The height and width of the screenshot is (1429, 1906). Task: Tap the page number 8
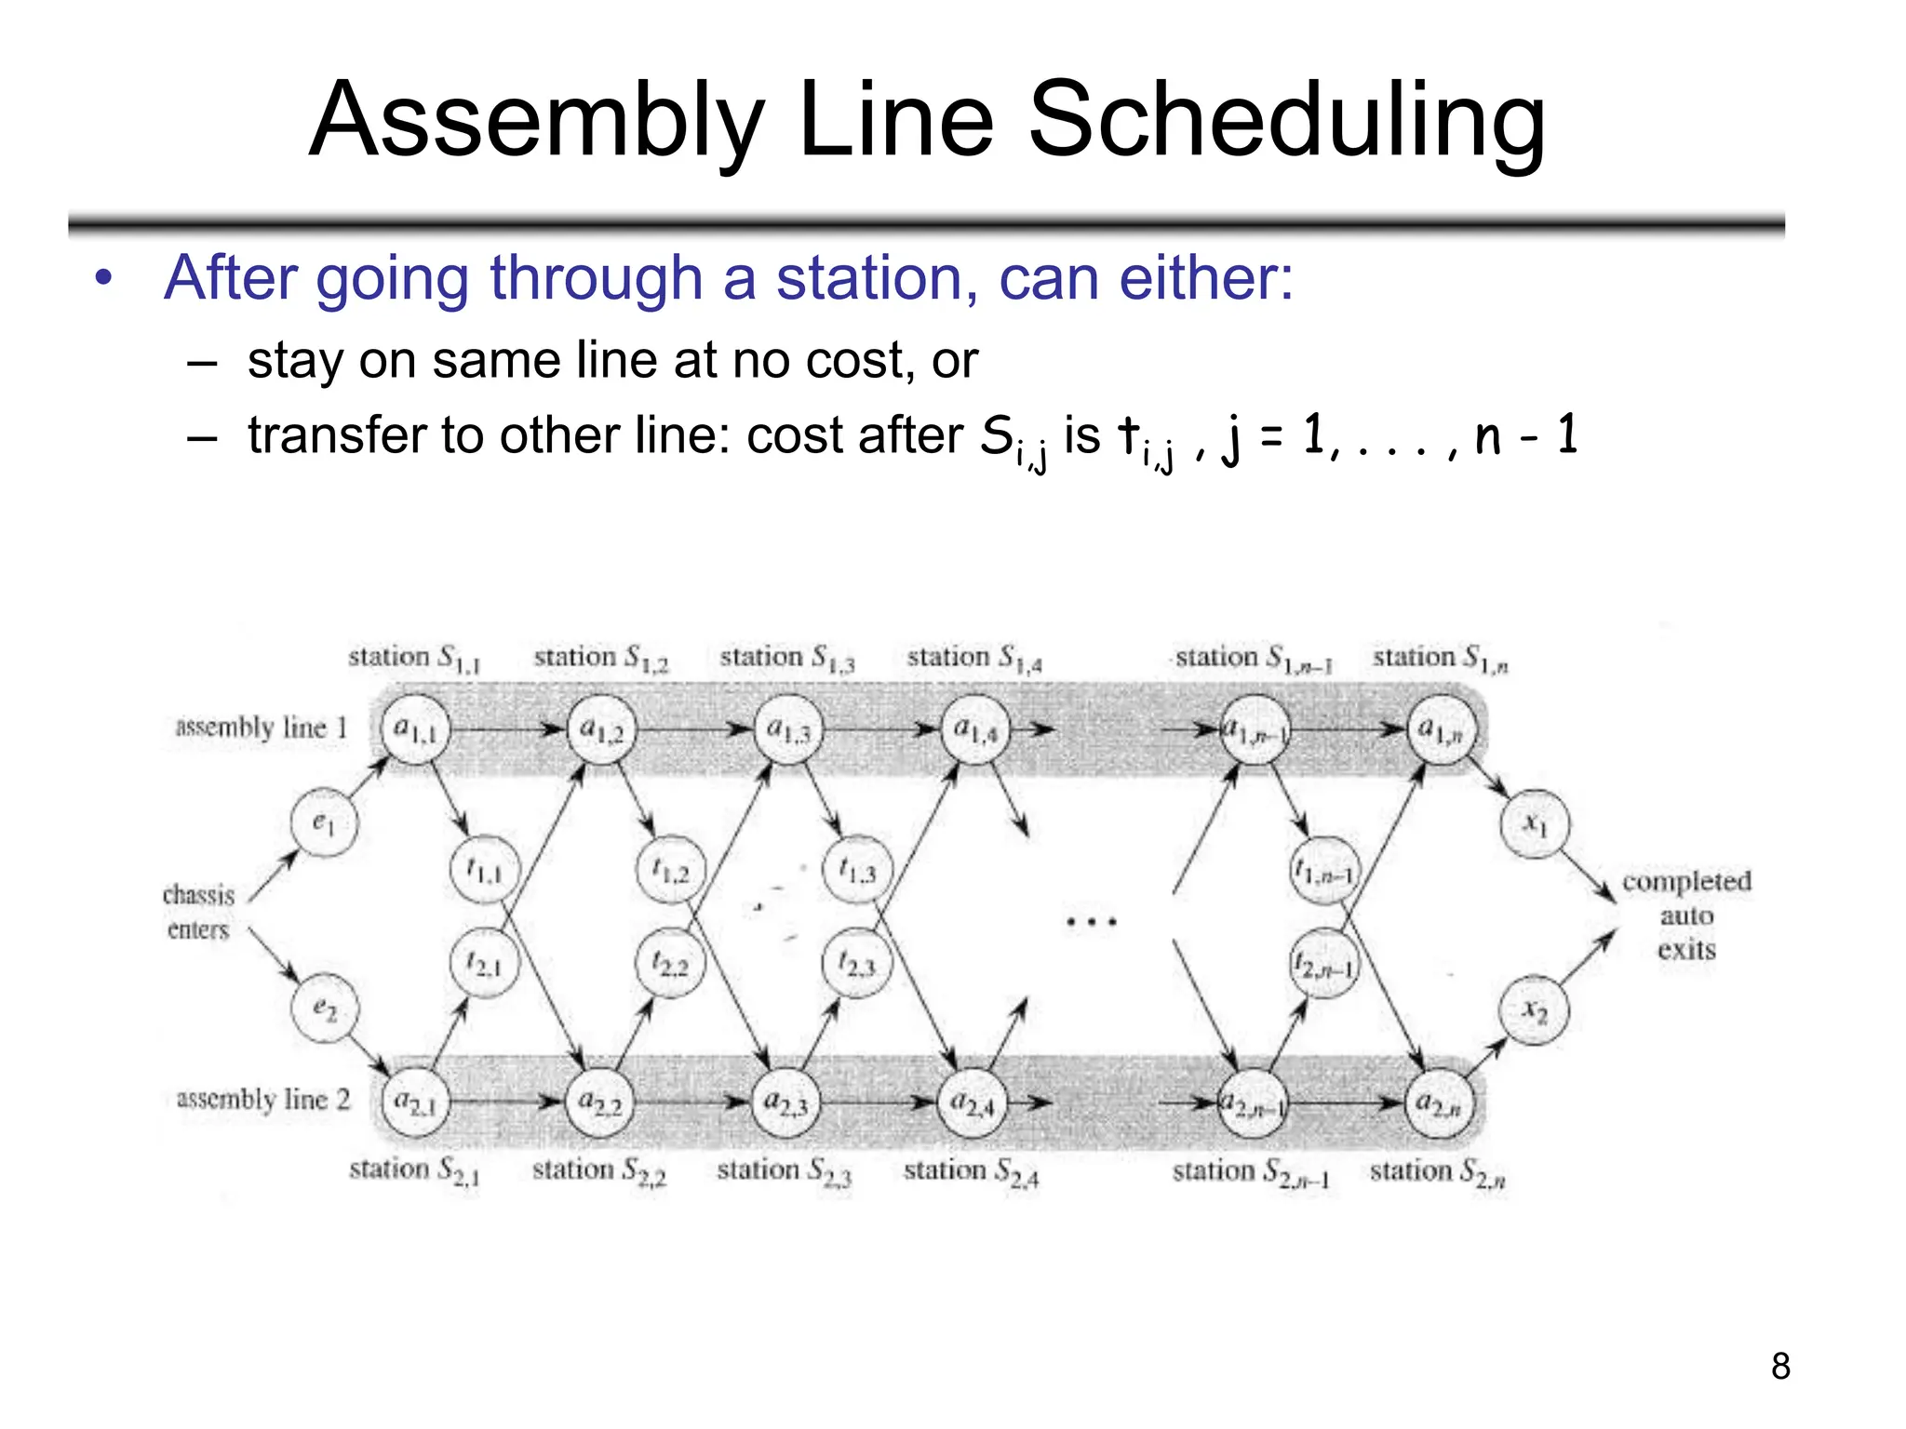pos(1780,1366)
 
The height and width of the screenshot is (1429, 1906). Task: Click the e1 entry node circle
pos(323,822)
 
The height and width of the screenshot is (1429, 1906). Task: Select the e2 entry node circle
pos(324,1008)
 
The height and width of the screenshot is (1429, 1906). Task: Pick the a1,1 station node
pos(415,729)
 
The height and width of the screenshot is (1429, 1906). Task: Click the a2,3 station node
pos(786,1103)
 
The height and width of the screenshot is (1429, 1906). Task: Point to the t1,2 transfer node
pos(671,870)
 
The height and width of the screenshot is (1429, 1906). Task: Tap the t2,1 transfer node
pos(484,963)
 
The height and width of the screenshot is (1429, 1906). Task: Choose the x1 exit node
pos(1535,823)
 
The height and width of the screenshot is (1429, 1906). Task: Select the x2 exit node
pos(1534,1010)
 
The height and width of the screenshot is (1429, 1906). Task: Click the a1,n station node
pos(1441,730)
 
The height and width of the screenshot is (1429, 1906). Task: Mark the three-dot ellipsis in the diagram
pos(1091,922)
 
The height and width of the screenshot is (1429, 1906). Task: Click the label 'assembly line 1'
pos(262,728)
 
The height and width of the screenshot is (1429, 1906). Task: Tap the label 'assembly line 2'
pos(263,1100)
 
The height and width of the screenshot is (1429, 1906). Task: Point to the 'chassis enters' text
pos(198,912)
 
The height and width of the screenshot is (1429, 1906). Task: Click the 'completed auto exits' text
pos(1686,915)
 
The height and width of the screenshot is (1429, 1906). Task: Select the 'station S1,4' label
pos(974,659)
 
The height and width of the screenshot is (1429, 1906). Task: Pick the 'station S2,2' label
pos(598,1171)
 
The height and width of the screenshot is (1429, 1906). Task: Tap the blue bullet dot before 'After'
pos(103,278)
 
